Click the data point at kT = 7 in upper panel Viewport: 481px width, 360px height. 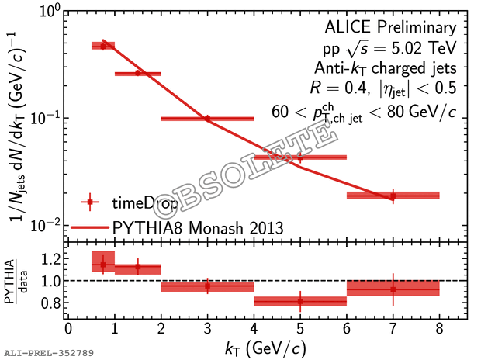(x=393, y=196)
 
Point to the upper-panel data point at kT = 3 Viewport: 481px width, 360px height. (x=207, y=119)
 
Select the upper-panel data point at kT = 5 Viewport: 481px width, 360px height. (x=300, y=157)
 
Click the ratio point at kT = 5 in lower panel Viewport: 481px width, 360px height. (x=300, y=300)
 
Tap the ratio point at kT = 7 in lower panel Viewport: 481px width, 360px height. (x=393, y=289)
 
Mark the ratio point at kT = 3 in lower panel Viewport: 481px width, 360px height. (x=207, y=286)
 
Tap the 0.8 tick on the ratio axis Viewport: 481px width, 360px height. (x=52, y=303)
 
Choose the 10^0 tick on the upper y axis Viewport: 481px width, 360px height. (x=50, y=11)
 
